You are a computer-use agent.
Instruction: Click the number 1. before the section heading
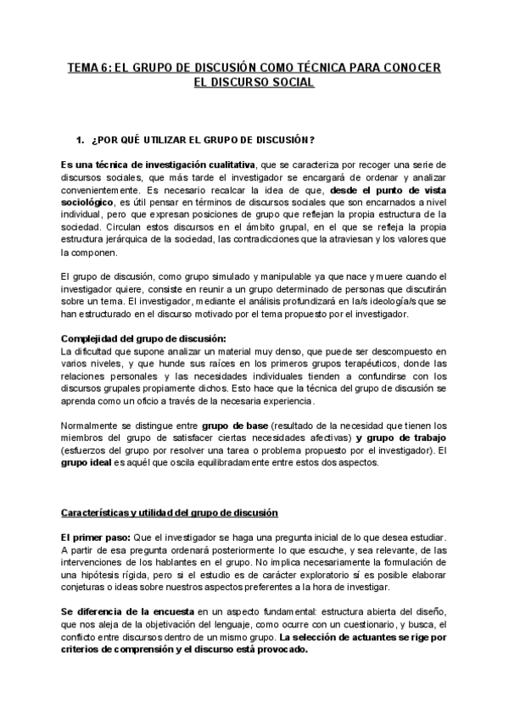pyautogui.click(x=81, y=139)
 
